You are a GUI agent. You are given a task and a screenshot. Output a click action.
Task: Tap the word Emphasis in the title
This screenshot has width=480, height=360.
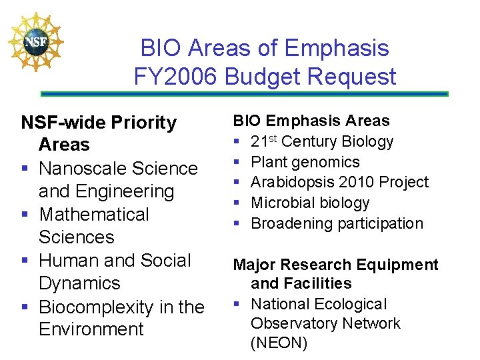coord(337,48)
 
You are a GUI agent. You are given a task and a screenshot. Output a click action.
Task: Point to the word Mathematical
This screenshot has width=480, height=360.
coord(94,215)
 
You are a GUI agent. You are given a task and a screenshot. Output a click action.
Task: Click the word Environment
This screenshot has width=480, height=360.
coord(91,329)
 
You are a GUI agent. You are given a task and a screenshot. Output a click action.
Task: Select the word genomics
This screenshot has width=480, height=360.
coord(326,162)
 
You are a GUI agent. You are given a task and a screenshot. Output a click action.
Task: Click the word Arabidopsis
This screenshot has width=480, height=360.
coord(292,182)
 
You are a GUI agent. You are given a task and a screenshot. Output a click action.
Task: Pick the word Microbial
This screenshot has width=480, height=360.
coord(278,203)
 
